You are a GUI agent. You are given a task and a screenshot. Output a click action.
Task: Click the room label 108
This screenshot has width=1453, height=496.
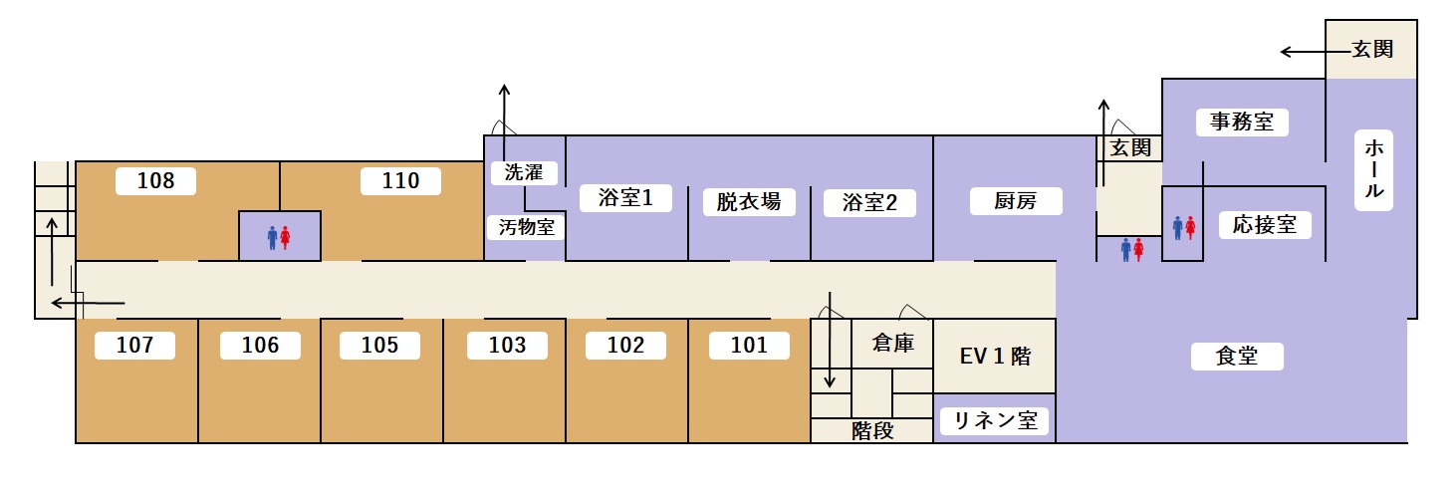pyautogui.click(x=155, y=181)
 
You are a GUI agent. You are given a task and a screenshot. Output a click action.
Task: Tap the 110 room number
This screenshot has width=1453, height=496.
pyautogui.click(x=400, y=181)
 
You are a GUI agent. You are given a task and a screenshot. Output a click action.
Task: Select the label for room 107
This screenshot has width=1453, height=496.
pyautogui.click(x=134, y=346)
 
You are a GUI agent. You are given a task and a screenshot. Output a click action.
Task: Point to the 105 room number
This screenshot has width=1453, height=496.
pyautogui.click(x=379, y=346)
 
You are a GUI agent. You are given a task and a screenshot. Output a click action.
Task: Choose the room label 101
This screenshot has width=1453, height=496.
pyautogui.click(x=749, y=346)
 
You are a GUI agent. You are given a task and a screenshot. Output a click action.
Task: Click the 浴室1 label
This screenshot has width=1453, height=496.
pyautogui.click(x=625, y=198)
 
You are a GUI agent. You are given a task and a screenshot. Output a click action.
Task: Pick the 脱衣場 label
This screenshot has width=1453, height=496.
pyautogui.click(x=749, y=202)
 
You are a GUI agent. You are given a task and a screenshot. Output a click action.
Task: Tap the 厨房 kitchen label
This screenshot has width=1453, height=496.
pyautogui.click(x=1016, y=201)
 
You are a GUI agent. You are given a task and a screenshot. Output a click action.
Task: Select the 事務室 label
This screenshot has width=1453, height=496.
pyautogui.click(x=1242, y=123)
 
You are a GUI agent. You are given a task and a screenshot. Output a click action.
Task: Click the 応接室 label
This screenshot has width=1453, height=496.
pyautogui.click(x=1265, y=225)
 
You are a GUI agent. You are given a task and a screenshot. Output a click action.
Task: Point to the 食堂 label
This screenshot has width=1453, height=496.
pyautogui.click(x=1237, y=357)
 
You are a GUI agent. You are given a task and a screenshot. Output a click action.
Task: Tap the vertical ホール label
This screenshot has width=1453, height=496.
pyautogui.click(x=1372, y=169)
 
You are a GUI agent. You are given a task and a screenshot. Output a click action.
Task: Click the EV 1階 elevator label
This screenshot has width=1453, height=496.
pyautogui.click(x=995, y=357)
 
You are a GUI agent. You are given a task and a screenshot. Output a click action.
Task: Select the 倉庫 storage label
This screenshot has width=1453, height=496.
pyautogui.click(x=892, y=344)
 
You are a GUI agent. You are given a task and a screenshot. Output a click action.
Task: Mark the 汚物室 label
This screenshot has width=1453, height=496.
pyautogui.click(x=526, y=227)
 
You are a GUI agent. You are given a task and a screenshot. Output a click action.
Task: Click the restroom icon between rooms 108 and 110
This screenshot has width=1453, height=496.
pyautogui.click(x=279, y=237)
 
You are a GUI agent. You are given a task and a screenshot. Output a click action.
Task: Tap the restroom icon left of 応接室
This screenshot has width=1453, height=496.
pyautogui.click(x=1183, y=229)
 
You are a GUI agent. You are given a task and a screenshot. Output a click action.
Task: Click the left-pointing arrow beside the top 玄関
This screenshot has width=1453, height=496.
pyautogui.click(x=1300, y=52)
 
